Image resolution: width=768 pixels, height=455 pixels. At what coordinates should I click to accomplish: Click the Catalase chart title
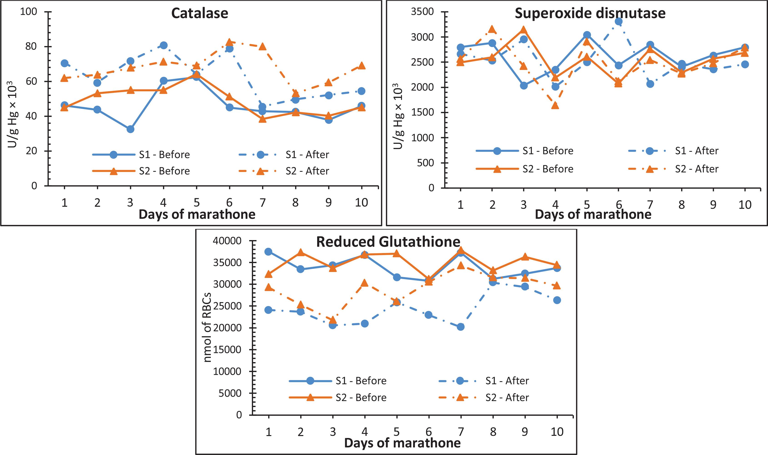(x=199, y=13)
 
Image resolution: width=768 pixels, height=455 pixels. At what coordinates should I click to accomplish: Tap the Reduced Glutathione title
(x=388, y=242)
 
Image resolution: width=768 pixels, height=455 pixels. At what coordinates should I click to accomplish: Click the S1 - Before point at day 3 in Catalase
(x=130, y=129)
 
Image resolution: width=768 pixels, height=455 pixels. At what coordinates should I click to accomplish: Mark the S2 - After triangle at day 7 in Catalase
(x=262, y=47)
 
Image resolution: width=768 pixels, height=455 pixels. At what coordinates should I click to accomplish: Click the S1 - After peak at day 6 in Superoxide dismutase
(x=618, y=21)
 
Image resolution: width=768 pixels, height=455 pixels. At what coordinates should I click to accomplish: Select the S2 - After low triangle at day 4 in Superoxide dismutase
(x=555, y=105)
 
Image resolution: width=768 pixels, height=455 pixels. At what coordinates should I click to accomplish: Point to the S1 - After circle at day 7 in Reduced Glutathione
(x=460, y=327)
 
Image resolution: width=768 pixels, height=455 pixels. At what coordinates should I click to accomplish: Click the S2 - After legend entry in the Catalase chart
(x=307, y=171)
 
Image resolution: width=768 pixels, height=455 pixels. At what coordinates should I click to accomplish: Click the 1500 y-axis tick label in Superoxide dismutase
(x=422, y=112)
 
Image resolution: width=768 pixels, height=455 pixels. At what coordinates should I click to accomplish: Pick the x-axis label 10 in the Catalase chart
(x=361, y=202)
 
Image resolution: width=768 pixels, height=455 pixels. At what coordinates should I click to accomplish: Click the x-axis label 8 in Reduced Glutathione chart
(x=493, y=432)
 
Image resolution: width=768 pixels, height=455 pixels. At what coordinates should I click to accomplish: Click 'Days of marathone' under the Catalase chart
(x=197, y=214)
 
